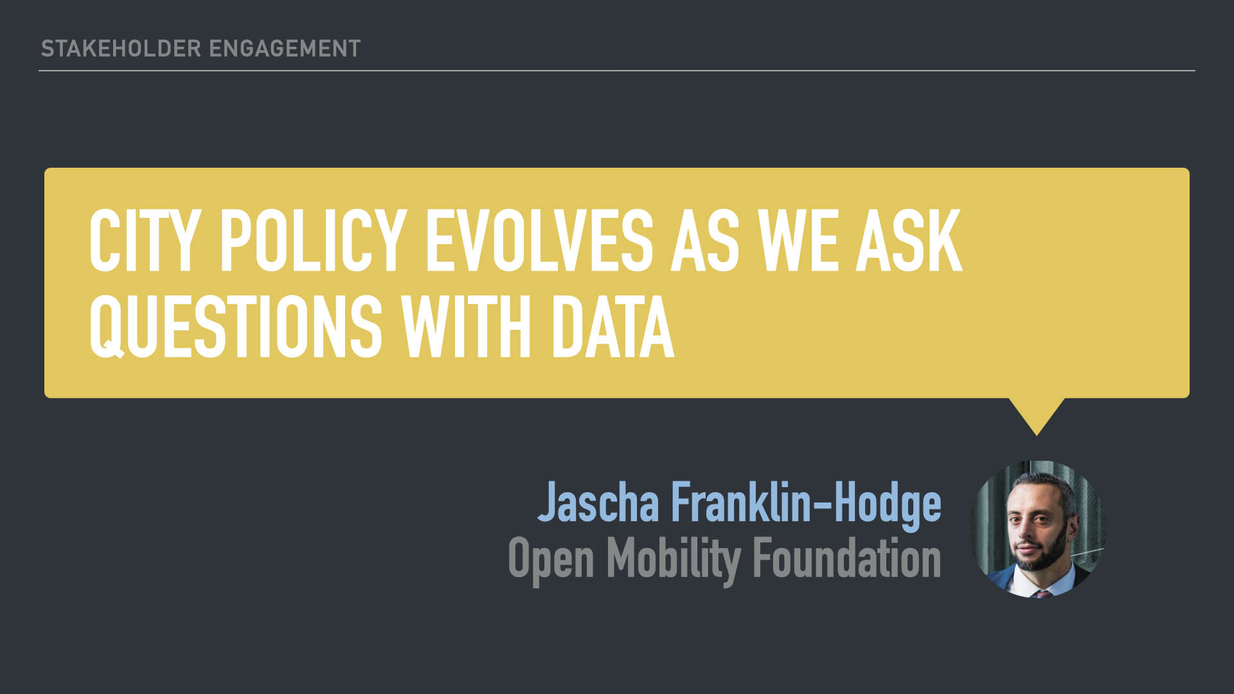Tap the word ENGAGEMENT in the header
pyautogui.click(x=285, y=49)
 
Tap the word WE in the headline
pyautogui.click(x=798, y=242)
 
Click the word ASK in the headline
pyautogui.click(x=909, y=242)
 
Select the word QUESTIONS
pyautogui.click(x=236, y=328)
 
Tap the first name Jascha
pyautogui.click(x=598, y=502)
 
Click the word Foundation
pyautogui.click(x=847, y=557)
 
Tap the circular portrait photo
pyautogui.click(x=1037, y=529)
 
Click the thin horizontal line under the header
pyautogui.click(x=617, y=71)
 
